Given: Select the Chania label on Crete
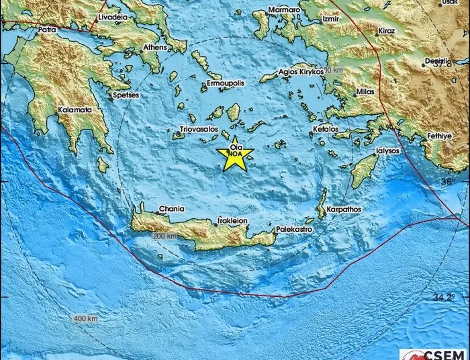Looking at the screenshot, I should click(171, 210).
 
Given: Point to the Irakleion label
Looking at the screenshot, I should click(233, 220).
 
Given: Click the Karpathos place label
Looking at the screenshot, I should click(344, 210).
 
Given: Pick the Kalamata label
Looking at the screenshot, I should click(75, 109).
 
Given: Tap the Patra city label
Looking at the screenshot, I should click(46, 30).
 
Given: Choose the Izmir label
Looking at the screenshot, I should click(331, 19).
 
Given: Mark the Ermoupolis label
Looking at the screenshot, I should click(225, 83).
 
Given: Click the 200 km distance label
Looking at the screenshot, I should click(164, 236).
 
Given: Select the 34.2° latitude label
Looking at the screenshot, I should click(459, 296).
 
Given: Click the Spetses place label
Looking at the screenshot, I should click(126, 95).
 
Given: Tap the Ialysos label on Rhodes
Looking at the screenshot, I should click(387, 151).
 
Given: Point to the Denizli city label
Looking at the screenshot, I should click(436, 60).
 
